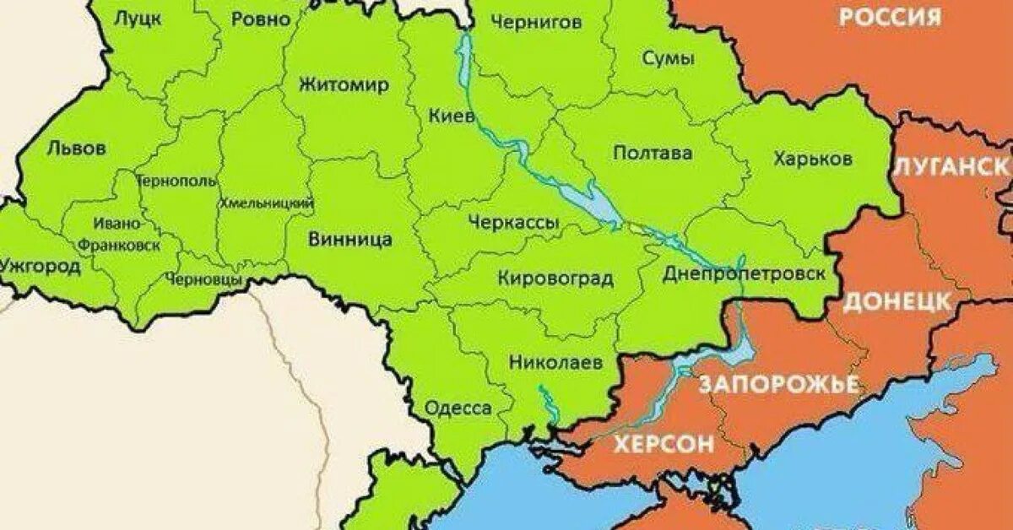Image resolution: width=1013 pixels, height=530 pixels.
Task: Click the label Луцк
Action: (x=138, y=19)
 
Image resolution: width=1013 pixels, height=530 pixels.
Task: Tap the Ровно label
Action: (x=260, y=19)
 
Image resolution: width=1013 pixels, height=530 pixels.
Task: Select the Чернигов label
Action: (x=535, y=22)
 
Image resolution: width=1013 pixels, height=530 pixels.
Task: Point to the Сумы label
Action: (x=669, y=59)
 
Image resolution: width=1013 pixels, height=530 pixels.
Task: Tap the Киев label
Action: (x=452, y=116)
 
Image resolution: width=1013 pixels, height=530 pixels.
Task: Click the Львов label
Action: (x=77, y=149)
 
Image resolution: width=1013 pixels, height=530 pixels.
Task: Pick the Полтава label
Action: (x=653, y=153)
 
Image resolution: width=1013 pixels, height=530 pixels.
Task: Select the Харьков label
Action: (x=812, y=159)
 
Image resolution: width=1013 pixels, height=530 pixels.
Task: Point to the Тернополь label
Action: (x=176, y=181)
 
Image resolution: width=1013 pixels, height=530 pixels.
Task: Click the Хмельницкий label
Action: (x=267, y=203)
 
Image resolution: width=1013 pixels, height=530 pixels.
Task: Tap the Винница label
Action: (x=349, y=239)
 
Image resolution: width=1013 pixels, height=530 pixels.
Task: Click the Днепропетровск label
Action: (x=744, y=273)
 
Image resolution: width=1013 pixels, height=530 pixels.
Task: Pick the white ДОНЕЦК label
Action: (x=897, y=302)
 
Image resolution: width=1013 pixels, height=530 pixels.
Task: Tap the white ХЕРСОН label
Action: (x=663, y=444)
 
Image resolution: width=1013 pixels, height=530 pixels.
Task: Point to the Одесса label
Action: (x=458, y=408)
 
